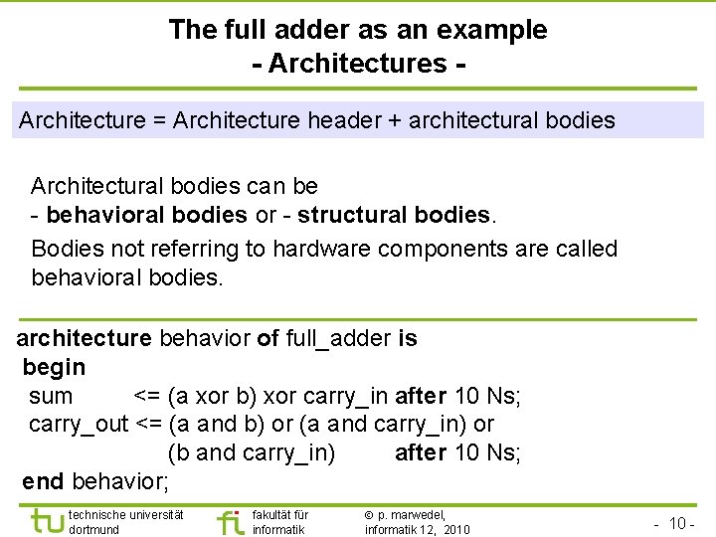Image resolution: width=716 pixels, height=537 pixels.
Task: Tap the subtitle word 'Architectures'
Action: click(x=357, y=64)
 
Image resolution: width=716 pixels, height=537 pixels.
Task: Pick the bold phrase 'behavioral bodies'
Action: click(x=147, y=215)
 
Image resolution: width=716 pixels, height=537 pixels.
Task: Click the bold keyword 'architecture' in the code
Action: click(x=85, y=338)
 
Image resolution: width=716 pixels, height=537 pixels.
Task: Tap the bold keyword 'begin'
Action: click(x=54, y=367)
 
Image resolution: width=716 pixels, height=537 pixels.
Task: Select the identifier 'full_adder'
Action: click(x=338, y=338)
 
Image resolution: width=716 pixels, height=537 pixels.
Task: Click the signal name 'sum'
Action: click(x=51, y=396)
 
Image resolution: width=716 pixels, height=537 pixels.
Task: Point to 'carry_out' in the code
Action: click(x=80, y=425)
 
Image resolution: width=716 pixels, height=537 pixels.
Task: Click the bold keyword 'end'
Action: click(x=43, y=482)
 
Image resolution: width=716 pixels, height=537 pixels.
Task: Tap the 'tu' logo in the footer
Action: click(x=47, y=520)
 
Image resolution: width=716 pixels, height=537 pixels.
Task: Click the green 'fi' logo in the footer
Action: click(x=230, y=521)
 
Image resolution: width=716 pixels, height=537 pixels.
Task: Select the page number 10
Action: click(x=679, y=523)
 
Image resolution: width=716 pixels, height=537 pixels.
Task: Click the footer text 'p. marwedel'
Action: click(x=412, y=515)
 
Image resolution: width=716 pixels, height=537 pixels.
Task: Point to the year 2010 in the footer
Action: click(x=457, y=530)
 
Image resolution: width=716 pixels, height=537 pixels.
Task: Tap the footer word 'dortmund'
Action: click(x=94, y=530)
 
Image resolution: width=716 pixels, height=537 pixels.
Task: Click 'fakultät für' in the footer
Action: click(x=280, y=515)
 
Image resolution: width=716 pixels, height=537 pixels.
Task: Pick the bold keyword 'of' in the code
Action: click(x=268, y=338)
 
